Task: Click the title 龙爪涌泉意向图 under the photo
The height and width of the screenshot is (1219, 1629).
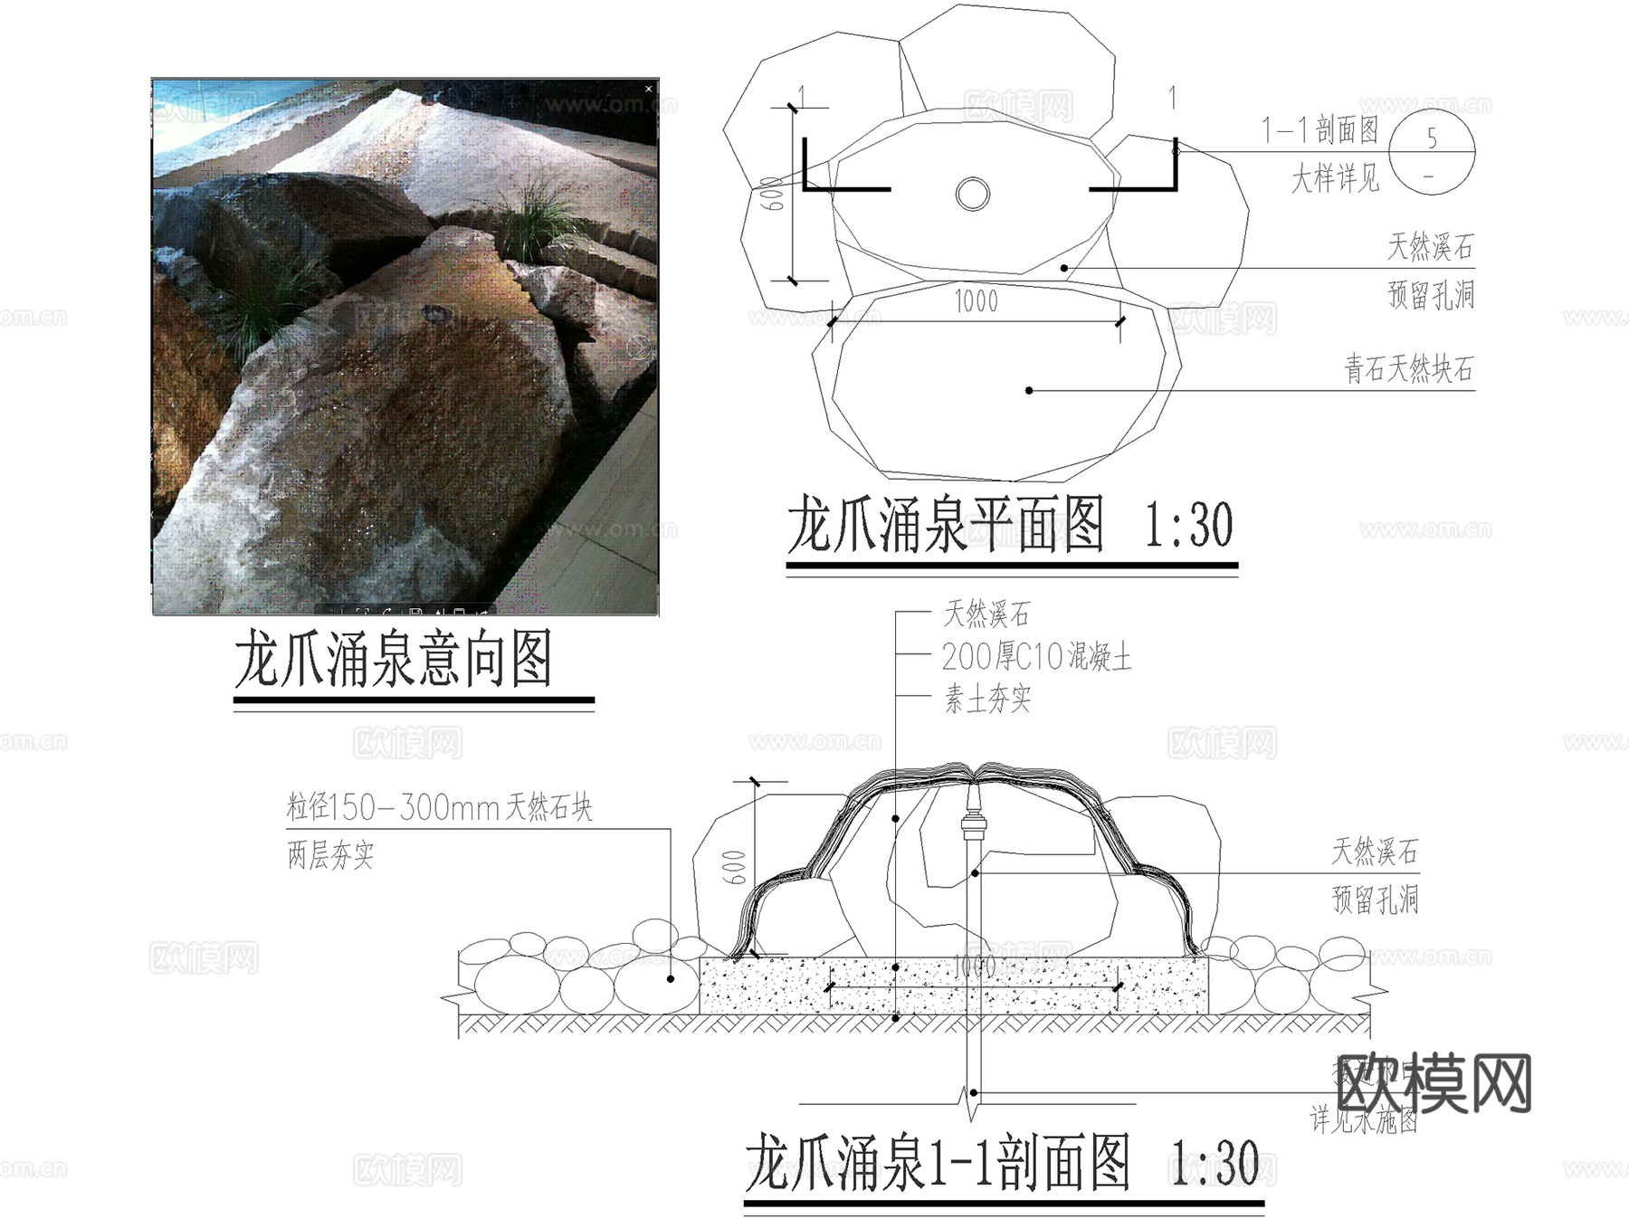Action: (x=393, y=659)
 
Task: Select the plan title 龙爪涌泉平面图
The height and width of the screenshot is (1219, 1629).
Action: (x=945, y=525)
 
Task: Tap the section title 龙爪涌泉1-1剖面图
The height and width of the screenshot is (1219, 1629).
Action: (x=938, y=1164)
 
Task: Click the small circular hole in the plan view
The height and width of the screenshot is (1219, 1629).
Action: (x=973, y=193)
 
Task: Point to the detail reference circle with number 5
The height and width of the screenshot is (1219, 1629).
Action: (x=1432, y=152)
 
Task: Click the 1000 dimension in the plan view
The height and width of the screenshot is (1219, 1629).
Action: (x=976, y=301)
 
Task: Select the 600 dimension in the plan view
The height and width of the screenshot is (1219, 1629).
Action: (x=771, y=194)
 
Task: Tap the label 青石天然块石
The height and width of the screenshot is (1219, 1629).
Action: (x=1408, y=369)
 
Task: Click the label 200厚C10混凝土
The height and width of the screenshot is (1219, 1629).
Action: (x=1036, y=656)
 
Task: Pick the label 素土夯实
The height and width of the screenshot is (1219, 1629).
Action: (x=987, y=699)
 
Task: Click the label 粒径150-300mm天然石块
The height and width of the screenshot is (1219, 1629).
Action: (x=439, y=806)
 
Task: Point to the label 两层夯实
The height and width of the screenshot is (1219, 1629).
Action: (x=330, y=854)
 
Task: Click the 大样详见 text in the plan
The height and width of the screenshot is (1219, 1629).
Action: (x=1335, y=178)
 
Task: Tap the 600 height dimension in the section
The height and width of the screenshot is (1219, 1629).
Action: (x=734, y=867)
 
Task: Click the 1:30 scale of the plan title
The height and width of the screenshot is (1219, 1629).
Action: (x=1188, y=525)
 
